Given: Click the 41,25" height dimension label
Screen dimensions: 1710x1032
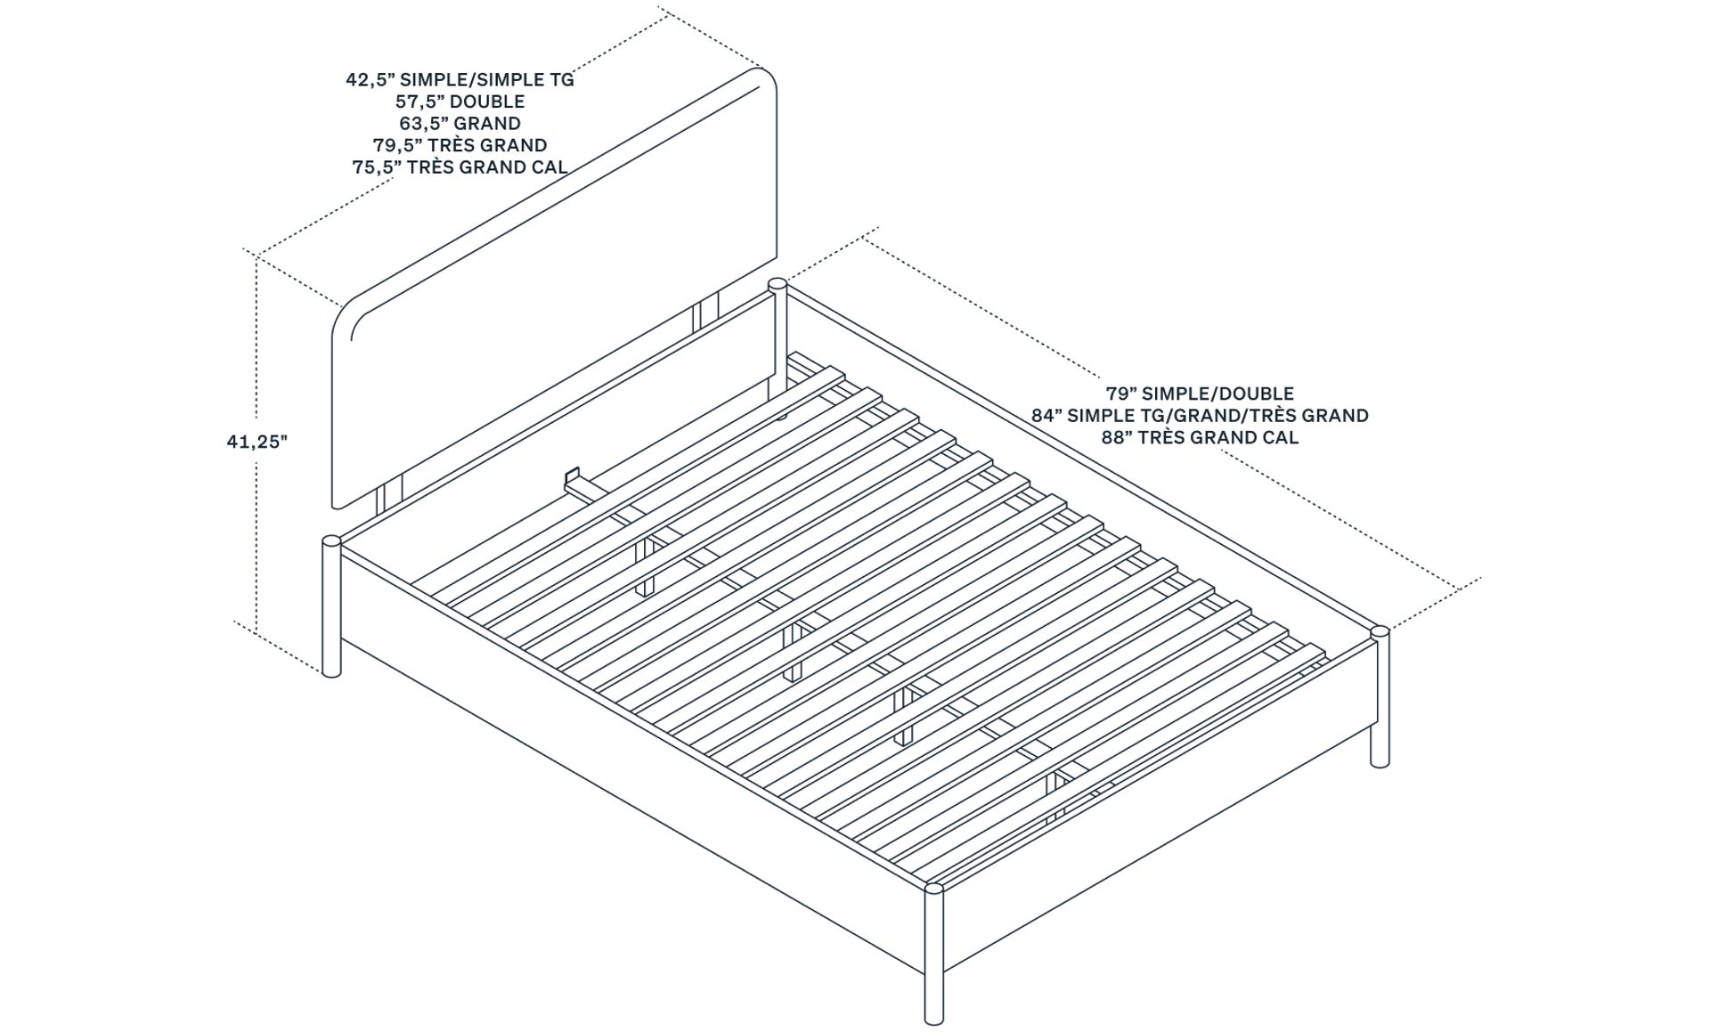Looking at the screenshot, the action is (x=257, y=441).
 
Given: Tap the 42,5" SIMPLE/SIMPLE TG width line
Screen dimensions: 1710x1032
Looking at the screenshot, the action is (x=460, y=79).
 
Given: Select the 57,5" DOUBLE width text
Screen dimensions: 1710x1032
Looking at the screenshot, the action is (x=460, y=102).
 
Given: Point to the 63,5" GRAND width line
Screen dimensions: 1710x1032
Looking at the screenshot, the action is (x=460, y=123).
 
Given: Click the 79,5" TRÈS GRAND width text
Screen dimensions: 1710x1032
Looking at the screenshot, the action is (x=460, y=144).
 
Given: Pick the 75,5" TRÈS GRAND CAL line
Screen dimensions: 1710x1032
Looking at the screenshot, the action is (x=460, y=167).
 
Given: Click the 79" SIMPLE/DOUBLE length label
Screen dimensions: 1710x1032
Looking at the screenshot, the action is (x=1200, y=394).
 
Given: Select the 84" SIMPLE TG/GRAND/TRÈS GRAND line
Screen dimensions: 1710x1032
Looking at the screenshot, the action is (x=1200, y=415).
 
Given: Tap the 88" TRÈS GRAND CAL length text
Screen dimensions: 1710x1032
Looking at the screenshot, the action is (x=1200, y=437).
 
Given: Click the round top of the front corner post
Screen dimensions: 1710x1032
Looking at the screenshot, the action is (x=934, y=888).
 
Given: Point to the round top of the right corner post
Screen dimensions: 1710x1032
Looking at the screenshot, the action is (x=1380, y=631).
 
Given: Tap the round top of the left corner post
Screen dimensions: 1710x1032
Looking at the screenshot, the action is (x=330, y=540).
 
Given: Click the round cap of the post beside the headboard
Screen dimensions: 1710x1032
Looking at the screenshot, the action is (x=777, y=284).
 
